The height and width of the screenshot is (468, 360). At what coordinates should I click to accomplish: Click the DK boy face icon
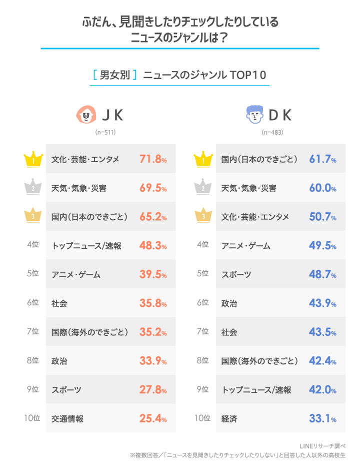pos(255,115)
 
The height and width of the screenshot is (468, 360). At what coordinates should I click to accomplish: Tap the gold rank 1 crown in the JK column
pos(32,160)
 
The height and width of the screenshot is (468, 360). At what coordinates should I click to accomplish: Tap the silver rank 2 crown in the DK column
pos(201,188)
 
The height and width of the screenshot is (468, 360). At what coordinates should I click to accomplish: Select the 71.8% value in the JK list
pos(153,160)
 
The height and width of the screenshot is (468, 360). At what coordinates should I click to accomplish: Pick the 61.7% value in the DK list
pos(322,160)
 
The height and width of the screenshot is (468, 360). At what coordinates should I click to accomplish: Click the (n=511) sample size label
pos(105,133)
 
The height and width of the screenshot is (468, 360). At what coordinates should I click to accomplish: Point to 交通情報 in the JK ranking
pos(67,419)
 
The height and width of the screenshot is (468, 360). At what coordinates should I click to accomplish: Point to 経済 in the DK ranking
pos(228,419)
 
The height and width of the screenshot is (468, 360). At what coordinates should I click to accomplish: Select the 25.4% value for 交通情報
pos(153,419)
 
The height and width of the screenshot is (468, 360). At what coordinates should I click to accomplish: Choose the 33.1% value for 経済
pos(322,419)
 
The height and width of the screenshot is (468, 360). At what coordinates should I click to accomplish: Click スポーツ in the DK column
pos(236,275)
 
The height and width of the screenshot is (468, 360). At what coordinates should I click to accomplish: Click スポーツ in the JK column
pos(66,390)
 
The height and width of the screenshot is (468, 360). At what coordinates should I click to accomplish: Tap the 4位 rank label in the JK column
pos(32,246)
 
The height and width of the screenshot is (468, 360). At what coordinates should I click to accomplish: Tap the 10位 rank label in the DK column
pos(201,419)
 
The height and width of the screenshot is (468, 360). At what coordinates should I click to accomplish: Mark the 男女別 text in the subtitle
pos(114,75)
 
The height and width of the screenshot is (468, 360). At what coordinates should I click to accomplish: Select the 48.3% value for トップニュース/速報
pos(153,246)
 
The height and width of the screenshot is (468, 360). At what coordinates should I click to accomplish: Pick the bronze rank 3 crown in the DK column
pos(201,217)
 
